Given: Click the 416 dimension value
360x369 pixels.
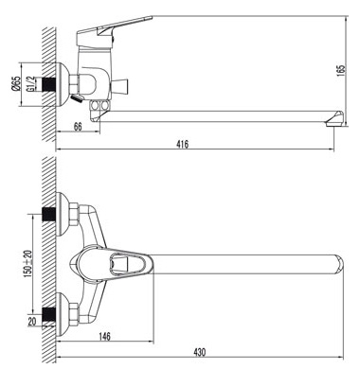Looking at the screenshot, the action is click(183, 145).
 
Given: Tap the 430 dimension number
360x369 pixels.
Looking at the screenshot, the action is click(199, 352).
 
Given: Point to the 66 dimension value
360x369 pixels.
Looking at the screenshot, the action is click(78, 127).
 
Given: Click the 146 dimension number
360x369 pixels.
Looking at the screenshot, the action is click(104, 336).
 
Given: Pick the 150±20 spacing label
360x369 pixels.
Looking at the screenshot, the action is click(27, 262).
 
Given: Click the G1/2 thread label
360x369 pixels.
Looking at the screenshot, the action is click(30, 84).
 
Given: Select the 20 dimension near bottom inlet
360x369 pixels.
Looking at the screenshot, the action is click(32, 322).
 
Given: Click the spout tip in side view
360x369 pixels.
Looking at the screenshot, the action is click(334, 119).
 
